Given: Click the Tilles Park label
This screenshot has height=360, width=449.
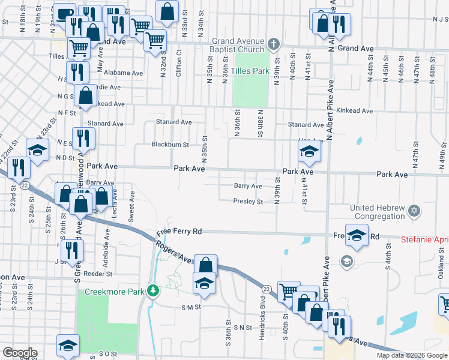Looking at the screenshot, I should (252, 71).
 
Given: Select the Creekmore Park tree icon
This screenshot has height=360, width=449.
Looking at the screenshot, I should (154, 291).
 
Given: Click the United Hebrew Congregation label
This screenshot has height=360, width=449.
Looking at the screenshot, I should (378, 212).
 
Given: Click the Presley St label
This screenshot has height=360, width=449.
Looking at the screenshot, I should (248, 202).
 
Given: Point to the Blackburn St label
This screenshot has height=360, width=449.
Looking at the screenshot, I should (170, 145).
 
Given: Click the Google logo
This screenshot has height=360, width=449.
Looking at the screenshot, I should (20, 353).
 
